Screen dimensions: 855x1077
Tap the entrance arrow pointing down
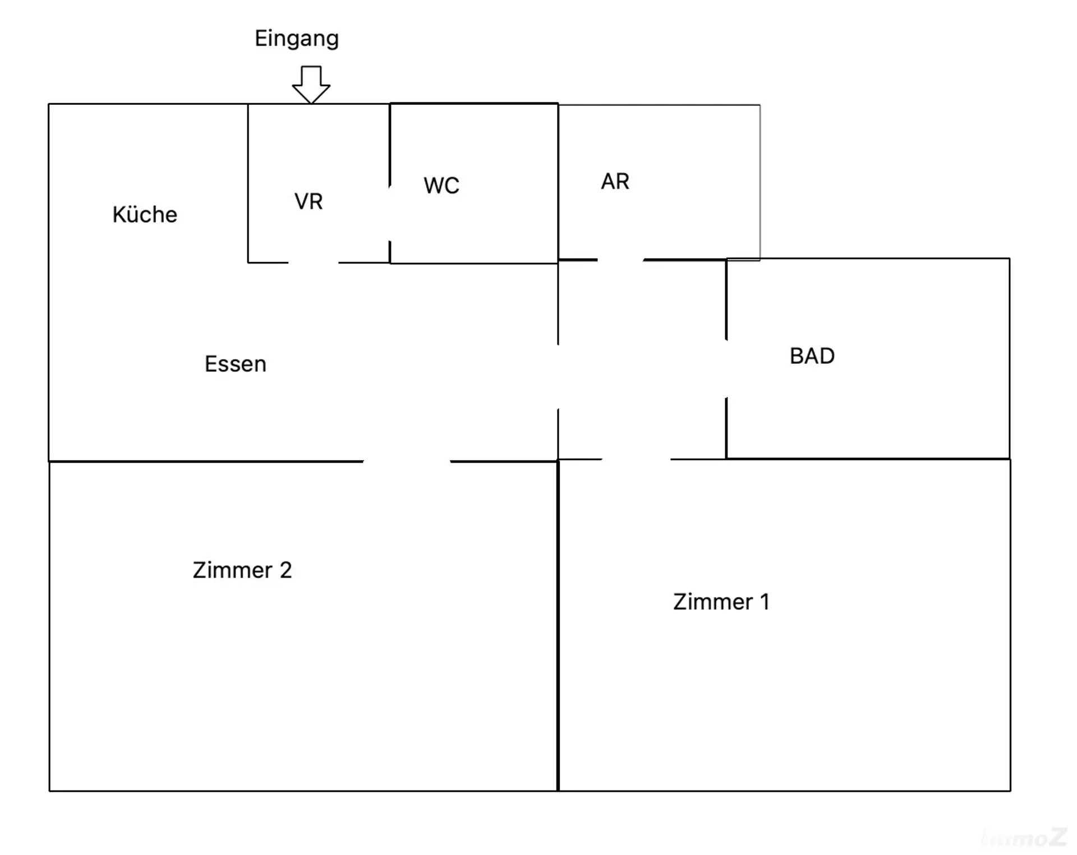pyautogui.click(x=311, y=84)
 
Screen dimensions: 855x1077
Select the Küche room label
pyautogui.click(x=145, y=215)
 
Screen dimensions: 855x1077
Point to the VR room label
pyautogui.click(x=309, y=202)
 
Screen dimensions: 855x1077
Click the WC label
pyautogui.click(x=441, y=186)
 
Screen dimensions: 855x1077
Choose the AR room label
pyautogui.click(x=615, y=182)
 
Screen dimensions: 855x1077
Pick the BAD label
pyautogui.click(x=812, y=356)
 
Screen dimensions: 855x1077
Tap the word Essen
pyautogui.click(x=235, y=364)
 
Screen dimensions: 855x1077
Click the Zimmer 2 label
pyautogui.click(x=242, y=570)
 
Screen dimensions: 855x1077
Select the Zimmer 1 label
pyautogui.click(x=721, y=602)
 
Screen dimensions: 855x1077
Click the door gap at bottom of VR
pyautogui.click(x=313, y=262)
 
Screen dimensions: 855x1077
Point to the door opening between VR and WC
pyautogui.click(x=390, y=214)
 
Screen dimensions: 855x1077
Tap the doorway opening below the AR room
pyautogui.click(x=620, y=260)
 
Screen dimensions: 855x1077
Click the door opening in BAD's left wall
pyautogui.click(x=726, y=368)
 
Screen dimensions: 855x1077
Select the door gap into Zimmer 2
pyautogui.click(x=407, y=461)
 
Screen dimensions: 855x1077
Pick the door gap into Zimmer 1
pyautogui.click(x=636, y=459)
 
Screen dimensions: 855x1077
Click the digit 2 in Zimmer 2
pyautogui.click(x=286, y=570)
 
